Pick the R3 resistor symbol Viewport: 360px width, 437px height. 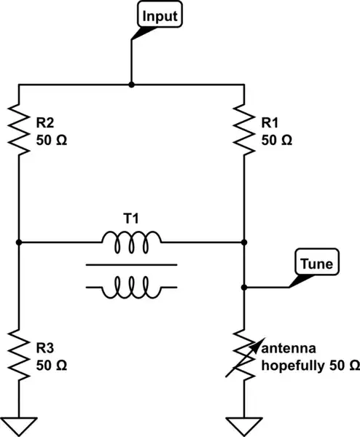click(17, 352)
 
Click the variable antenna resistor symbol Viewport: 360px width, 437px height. click(244, 352)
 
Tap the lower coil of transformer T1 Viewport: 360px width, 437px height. click(131, 288)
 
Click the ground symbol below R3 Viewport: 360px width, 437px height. click(17, 422)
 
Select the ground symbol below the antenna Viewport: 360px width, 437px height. click(244, 422)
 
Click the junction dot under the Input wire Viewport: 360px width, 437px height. click(131, 84)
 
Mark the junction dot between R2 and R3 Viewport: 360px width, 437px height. click(17, 242)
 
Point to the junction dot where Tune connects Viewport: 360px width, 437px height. click(244, 287)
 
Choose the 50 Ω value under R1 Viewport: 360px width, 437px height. click(277, 140)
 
